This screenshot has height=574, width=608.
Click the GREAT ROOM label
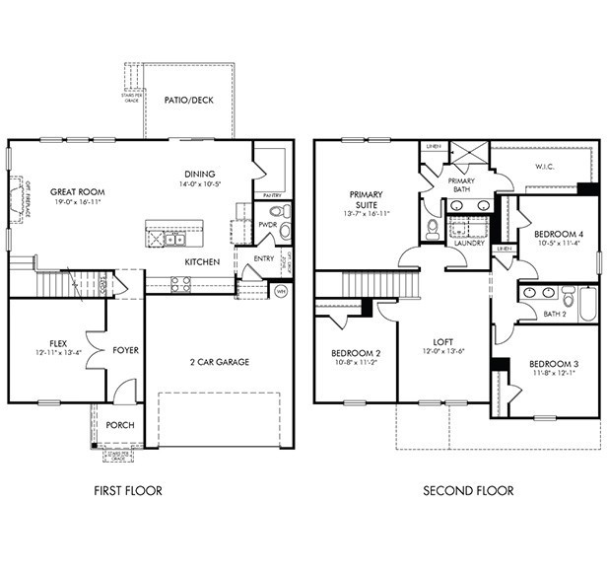click(x=78, y=191)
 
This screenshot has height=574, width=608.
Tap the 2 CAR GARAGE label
click(x=219, y=362)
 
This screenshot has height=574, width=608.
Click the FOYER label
click(x=125, y=349)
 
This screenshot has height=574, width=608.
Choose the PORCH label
click(x=120, y=425)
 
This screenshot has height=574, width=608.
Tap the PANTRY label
click(x=272, y=195)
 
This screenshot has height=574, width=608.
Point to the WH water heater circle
click(x=280, y=291)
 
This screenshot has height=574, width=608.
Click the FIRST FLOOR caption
click(x=128, y=490)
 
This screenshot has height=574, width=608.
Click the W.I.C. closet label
click(x=545, y=167)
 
